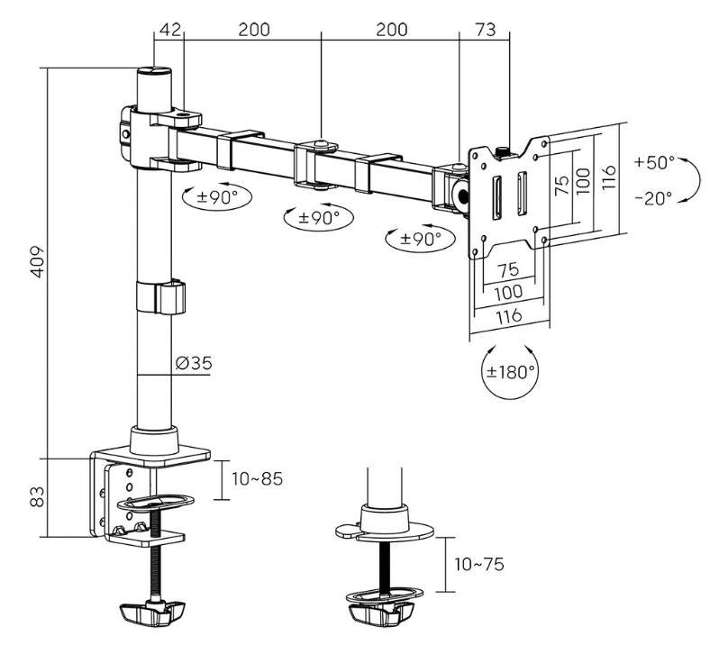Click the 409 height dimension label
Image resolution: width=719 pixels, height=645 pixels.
(39, 262)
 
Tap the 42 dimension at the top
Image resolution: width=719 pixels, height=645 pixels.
(169, 30)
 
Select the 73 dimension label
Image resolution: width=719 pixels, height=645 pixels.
(485, 30)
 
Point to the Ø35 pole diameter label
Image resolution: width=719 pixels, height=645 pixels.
(194, 363)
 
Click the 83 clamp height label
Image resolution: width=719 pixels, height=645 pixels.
(38, 496)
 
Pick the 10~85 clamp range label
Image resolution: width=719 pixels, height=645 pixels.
(258, 479)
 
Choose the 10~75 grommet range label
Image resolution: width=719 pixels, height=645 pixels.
(478, 564)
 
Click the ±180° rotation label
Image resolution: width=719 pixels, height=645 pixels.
(510, 372)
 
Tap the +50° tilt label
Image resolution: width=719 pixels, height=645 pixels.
(655, 162)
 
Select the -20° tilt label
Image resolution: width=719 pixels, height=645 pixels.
(654, 198)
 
